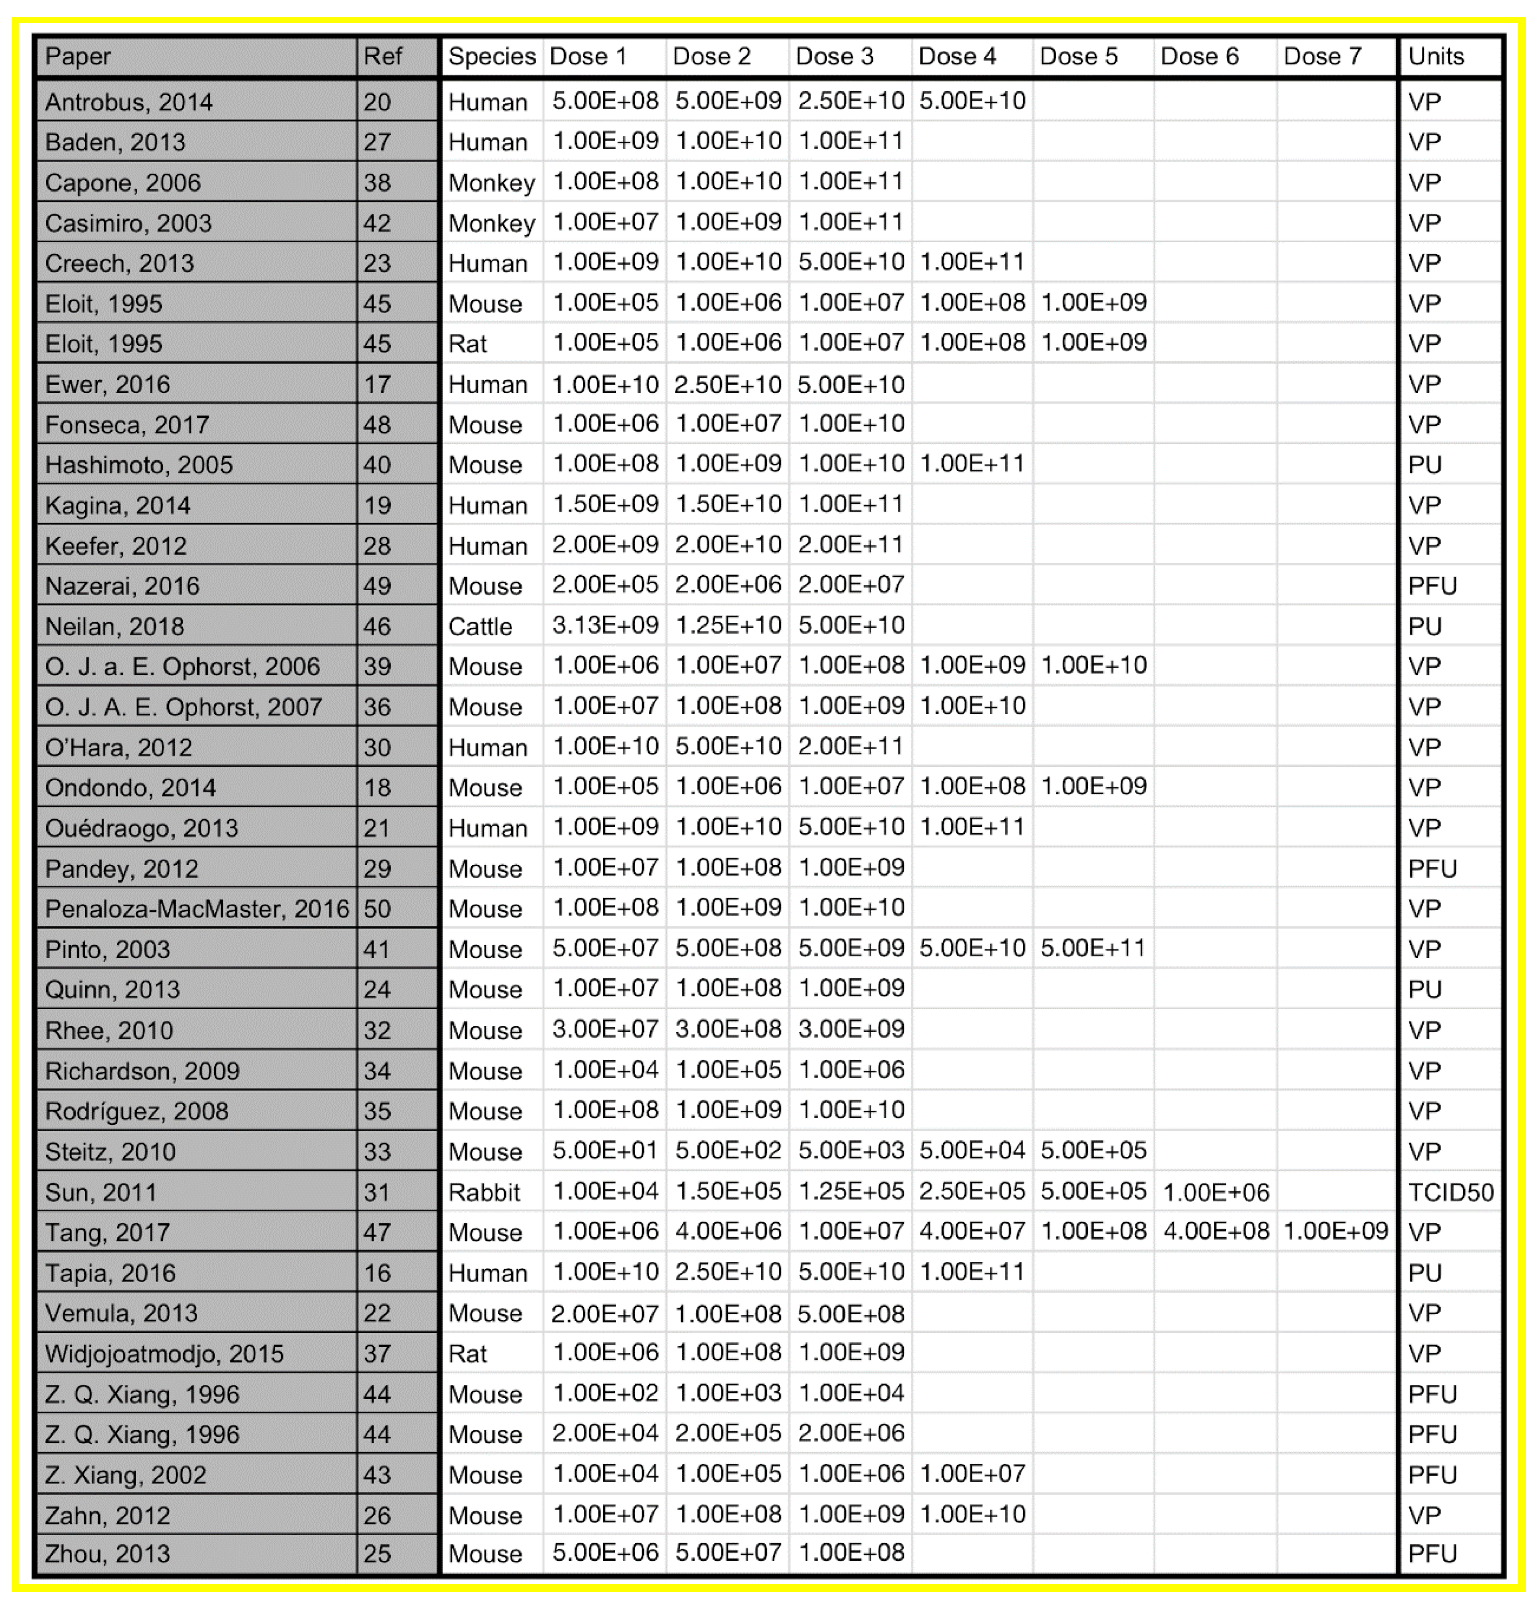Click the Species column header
(492, 57)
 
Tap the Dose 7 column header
(1322, 57)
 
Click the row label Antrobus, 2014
(129, 102)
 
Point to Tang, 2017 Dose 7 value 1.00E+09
(1336, 1232)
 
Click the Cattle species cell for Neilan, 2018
(480, 626)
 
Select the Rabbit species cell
(484, 1191)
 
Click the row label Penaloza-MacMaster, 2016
(197, 908)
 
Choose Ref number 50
(377, 908)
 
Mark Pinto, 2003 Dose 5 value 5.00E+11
(1093, 948)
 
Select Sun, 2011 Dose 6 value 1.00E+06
(1216, 1191)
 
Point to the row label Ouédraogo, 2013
(141, 828)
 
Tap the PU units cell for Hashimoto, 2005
(1425, 464)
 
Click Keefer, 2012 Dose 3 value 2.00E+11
(851, 545)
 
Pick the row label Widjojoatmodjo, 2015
(164, 1353)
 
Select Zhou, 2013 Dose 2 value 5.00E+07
(728, 1553)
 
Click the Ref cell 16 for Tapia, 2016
(377, 1272)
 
